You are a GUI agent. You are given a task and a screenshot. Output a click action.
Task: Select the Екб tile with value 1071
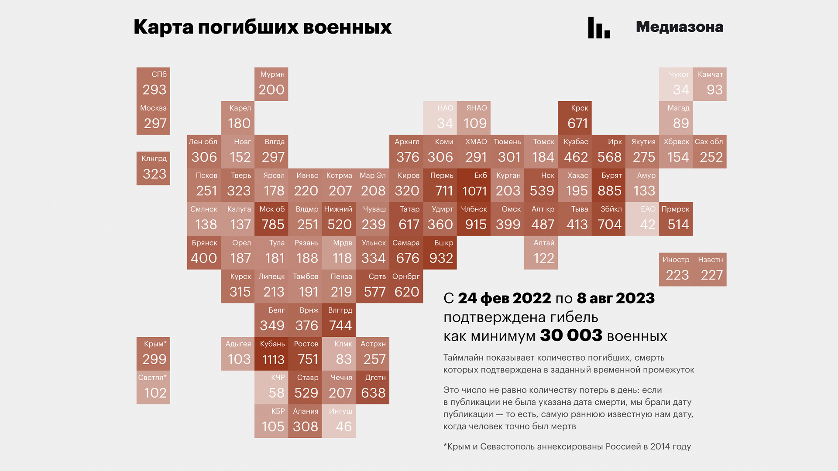(474, 185)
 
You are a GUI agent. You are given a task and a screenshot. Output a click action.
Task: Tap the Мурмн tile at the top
(271, 84)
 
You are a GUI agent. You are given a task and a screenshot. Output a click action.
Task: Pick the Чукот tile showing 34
(676, 84)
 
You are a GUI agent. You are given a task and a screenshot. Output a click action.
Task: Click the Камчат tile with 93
(709, 84)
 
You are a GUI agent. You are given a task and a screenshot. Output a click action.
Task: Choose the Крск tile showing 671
(574, 118)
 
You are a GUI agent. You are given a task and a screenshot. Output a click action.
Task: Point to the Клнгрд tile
(153, 168)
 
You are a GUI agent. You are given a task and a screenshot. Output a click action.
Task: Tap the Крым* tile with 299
(153, 354)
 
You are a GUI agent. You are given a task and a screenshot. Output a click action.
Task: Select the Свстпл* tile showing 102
(153, 387)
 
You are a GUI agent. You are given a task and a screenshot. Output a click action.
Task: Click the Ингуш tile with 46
(339, 421)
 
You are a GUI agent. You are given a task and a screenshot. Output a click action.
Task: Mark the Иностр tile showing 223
(676, 270)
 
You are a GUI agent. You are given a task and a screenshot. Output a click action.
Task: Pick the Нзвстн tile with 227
(709, 270)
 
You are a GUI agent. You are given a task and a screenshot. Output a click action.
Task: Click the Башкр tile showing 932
(440, 253)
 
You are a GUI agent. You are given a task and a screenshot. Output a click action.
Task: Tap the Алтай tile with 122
(541, 253)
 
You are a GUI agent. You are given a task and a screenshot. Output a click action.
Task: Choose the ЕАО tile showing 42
(642, 219)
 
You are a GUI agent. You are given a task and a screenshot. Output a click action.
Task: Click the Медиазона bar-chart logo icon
(599, 28)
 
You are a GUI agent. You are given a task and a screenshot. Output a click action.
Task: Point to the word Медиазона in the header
(679, 27)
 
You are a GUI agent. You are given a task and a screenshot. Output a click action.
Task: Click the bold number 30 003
(571, 335)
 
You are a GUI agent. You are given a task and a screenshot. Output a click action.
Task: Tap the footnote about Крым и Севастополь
(567, 447)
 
